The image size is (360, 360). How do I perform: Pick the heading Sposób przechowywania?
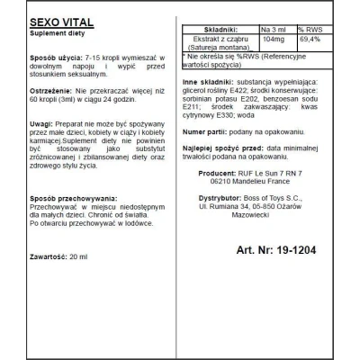pos(62,206)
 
